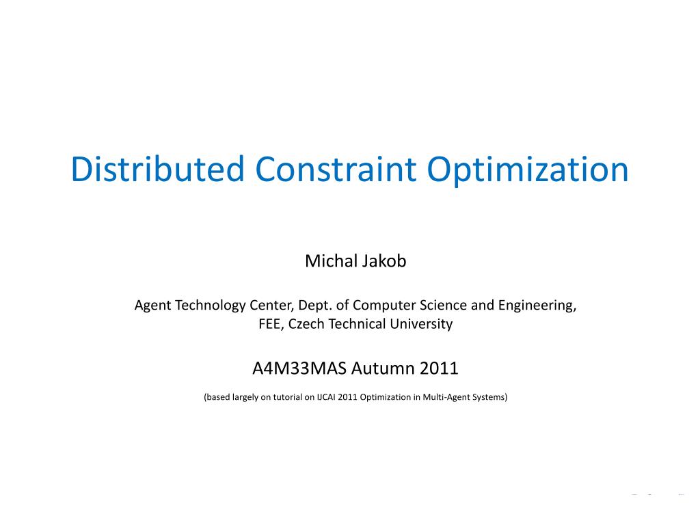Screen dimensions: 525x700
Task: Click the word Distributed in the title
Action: coord(157,169)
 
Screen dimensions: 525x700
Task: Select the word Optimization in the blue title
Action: coord(528,170)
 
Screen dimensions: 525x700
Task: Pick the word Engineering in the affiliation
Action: coord(537,306)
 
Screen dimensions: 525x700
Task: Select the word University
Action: coord(421,324)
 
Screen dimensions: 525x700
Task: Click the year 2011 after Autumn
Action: coord(439,368)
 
